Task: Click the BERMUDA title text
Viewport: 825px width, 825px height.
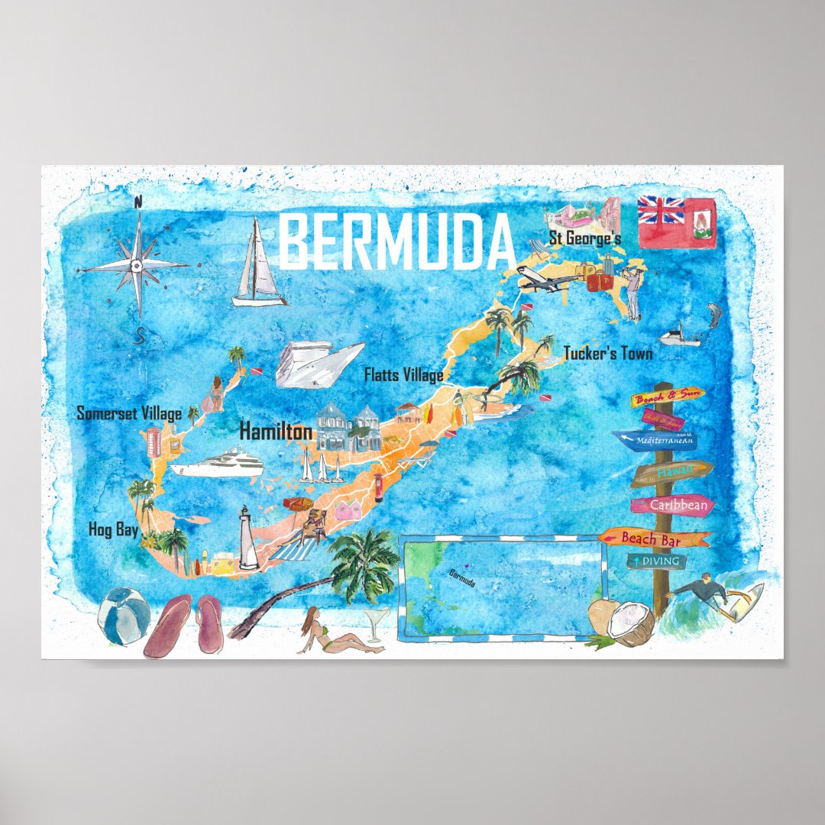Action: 397,241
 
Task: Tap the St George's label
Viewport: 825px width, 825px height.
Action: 585,239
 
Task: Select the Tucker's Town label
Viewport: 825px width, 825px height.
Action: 608,354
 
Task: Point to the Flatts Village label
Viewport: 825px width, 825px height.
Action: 403,375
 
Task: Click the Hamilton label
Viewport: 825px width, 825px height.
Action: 276,432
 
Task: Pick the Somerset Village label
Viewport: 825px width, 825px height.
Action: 129,414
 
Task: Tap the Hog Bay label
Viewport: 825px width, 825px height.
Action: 112,529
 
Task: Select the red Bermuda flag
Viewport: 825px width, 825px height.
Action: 677,222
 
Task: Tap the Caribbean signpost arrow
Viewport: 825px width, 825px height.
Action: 672,505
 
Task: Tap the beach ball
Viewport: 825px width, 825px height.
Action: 124,615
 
